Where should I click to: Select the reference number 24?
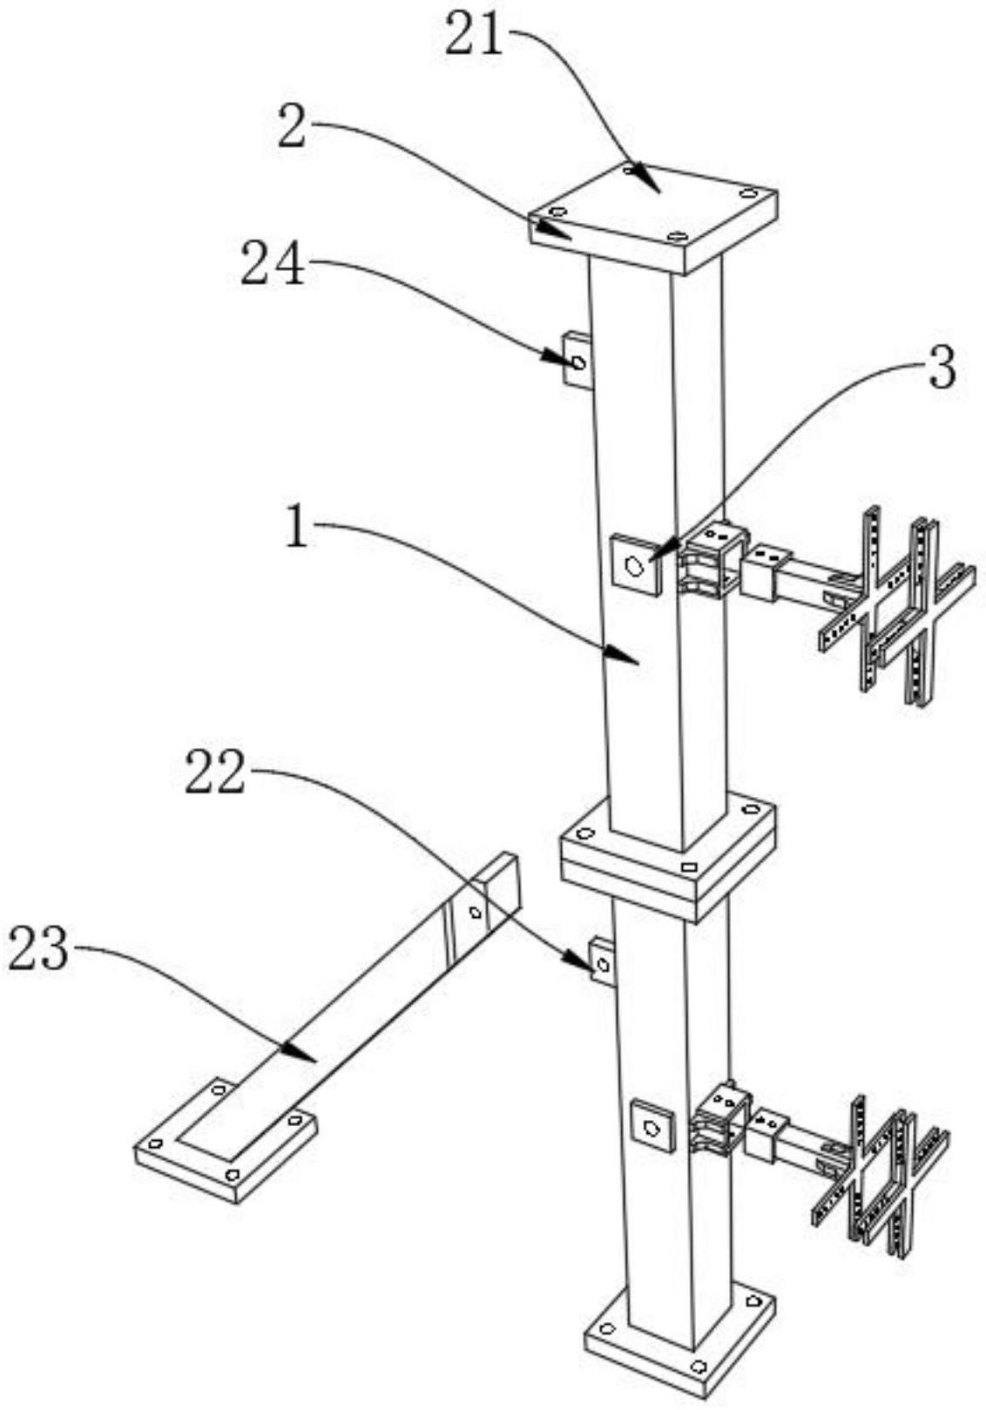tap(273, 266)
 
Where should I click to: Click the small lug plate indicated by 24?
tap(577, 361)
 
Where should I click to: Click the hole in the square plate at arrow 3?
tap(635, 567)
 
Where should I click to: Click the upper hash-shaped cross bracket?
tap(896, 608)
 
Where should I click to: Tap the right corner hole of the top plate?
tap(748, 192)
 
